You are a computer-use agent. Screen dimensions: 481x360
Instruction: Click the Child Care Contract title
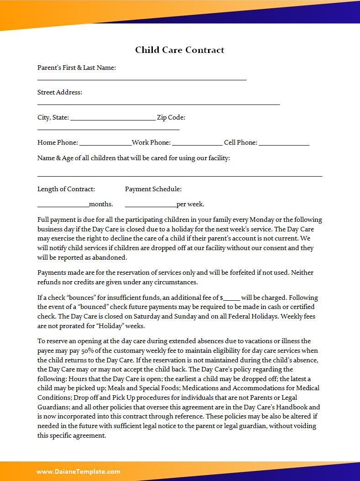click(x=179, y=50)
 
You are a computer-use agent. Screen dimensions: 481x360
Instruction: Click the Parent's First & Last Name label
click(x=77, y=68)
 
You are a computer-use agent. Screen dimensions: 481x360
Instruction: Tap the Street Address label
click(x=60, y=92)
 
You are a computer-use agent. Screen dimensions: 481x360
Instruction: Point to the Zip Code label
click(x=171, y=117)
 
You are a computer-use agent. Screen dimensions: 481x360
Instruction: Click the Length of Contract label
click(x=66, y=189)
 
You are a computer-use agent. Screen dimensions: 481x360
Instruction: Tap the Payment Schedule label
click(x=153, y=189)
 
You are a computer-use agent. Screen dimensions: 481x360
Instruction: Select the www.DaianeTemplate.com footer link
click(x=78, y=471)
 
